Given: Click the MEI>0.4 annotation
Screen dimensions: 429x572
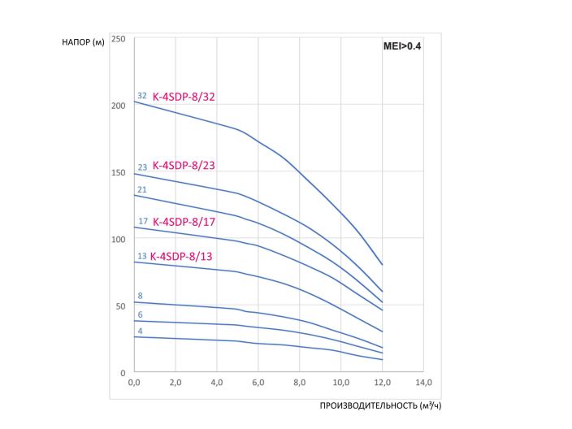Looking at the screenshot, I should [402, 47].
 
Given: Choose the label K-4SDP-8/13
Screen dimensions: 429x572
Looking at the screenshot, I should [184, 256].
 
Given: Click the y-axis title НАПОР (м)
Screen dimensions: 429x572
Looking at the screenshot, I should [83, 42].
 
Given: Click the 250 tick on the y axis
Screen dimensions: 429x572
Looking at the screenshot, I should [119, 39].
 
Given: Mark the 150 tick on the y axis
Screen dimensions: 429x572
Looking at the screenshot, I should [119, 172].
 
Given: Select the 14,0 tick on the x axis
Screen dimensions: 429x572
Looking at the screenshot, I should [423, 382].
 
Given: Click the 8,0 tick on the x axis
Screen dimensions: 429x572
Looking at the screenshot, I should [299, 382].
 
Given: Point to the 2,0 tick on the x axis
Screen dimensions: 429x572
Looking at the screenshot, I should [175, 382].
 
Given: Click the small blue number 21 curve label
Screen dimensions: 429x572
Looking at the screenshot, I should [142, 190].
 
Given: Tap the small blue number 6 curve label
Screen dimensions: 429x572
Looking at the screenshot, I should [140, 314].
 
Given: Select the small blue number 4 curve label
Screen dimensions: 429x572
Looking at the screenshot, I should [140, 331].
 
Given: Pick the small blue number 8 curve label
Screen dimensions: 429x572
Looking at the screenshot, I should [140, 296].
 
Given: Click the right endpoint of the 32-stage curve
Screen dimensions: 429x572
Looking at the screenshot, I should [382, 265].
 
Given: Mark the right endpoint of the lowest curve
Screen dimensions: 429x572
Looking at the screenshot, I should [382, 360].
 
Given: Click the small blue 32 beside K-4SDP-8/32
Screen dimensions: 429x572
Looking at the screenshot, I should [142, 96].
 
